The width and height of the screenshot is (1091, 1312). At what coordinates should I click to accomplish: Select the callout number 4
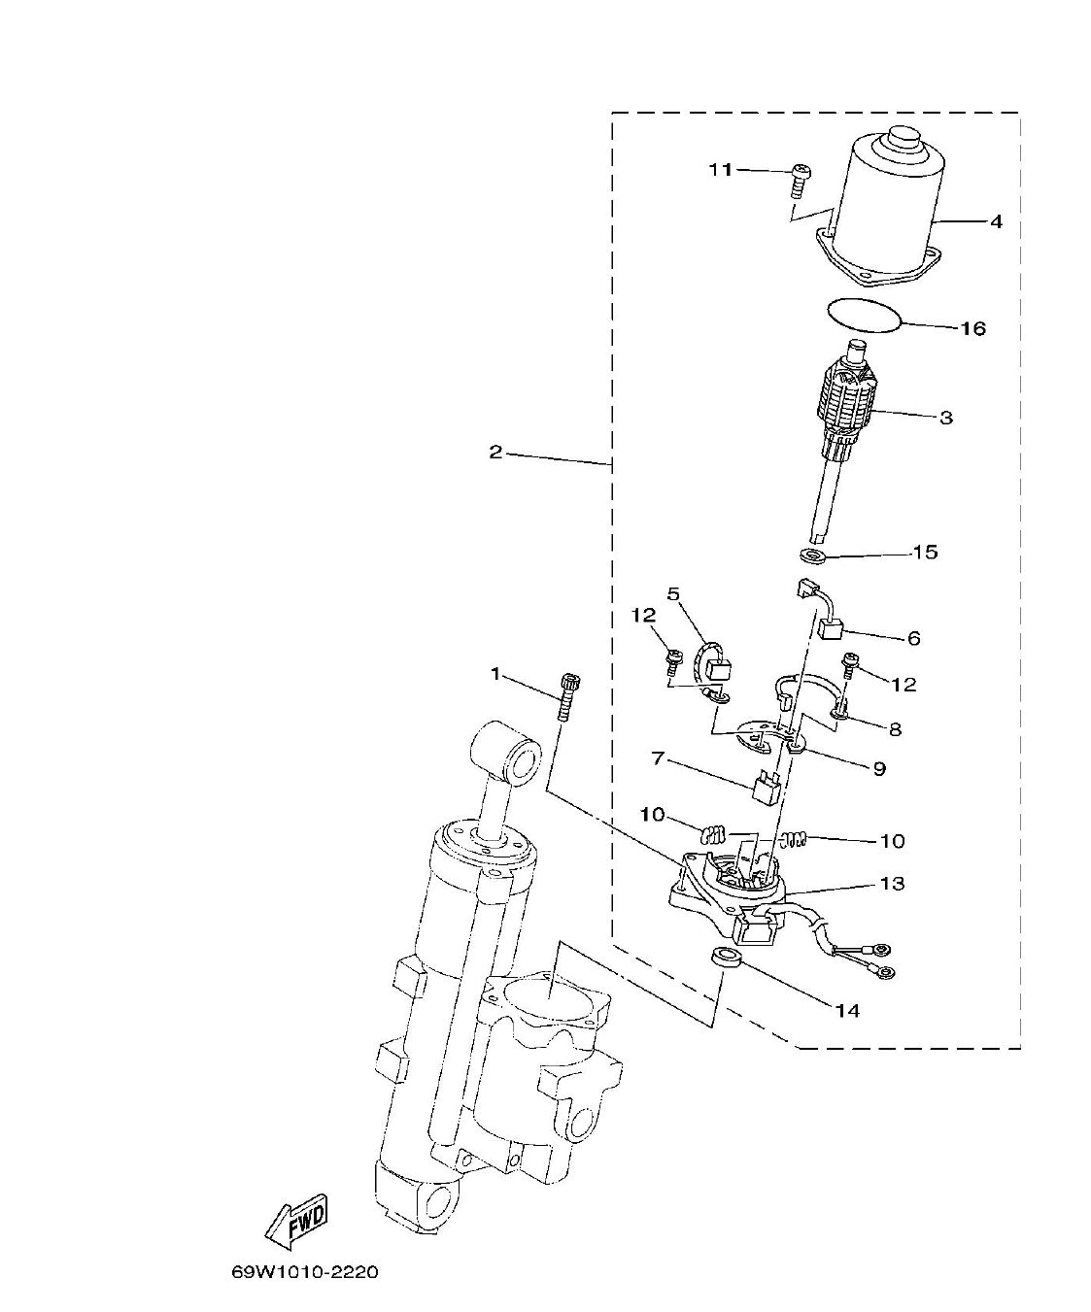pyautogui.click(x=996, y=221)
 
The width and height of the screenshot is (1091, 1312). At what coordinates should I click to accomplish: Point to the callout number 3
pyautogui.click(x=945, y=418)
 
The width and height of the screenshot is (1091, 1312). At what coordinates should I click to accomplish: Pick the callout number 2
pyautogui.click(x=495, y=453)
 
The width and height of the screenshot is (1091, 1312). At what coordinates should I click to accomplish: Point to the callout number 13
pyautogui.click(x=892, y=883)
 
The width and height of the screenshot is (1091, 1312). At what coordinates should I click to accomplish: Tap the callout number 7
pyautogui.click(x=658, y=757)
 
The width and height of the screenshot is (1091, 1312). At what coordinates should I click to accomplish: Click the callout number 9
pyautogui.click(x=878, y=768)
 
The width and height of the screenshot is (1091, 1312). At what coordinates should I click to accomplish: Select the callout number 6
pyautogui.click(x=913, y=638)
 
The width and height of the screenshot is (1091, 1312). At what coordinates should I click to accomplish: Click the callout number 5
pyautogui.click(x=673, y=593)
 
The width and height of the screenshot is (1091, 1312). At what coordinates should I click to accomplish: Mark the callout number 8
pyautogui.click(x=894, y=727)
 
